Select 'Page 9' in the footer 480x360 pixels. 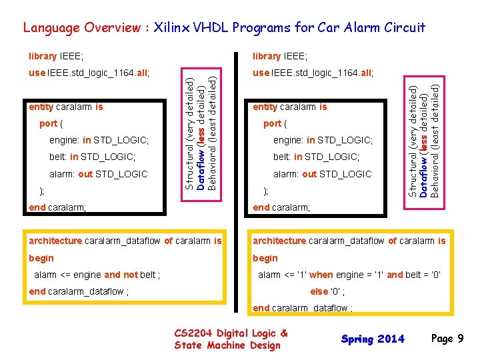[447, 339]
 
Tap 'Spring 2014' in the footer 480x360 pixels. [373, 339]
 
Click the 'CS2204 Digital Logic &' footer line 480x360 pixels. [231, 333]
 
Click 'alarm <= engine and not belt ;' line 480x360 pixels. [97, 275]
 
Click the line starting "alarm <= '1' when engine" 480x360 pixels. [349, 275]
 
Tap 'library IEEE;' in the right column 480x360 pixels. [280, 56]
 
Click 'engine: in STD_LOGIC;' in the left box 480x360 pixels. [99, 140]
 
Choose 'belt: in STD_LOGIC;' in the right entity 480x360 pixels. [317, 157]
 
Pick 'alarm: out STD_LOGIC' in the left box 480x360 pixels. [99, 174]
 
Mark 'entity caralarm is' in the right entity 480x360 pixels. [290, 107]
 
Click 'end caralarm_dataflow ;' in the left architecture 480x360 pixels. [79, 291]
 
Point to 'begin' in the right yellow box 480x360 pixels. [265, 258]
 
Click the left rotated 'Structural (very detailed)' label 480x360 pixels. [190, 133]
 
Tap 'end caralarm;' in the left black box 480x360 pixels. [58, 207]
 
